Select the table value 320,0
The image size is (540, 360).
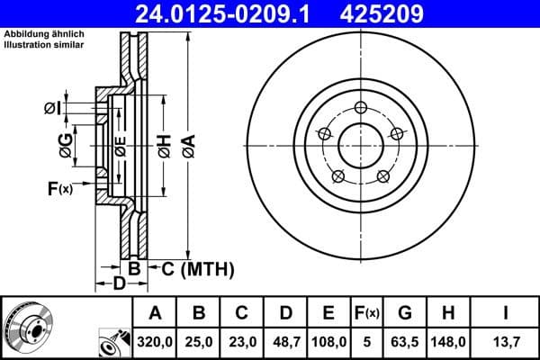click(155, 342)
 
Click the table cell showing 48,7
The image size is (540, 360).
click(285, 342)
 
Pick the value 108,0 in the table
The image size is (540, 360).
click(329, 342)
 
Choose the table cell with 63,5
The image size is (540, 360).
click(405, 342)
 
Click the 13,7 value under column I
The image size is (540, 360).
click(507, 342)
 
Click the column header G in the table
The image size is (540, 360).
click(405, 313)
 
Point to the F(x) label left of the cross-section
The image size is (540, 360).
click(60, 188)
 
